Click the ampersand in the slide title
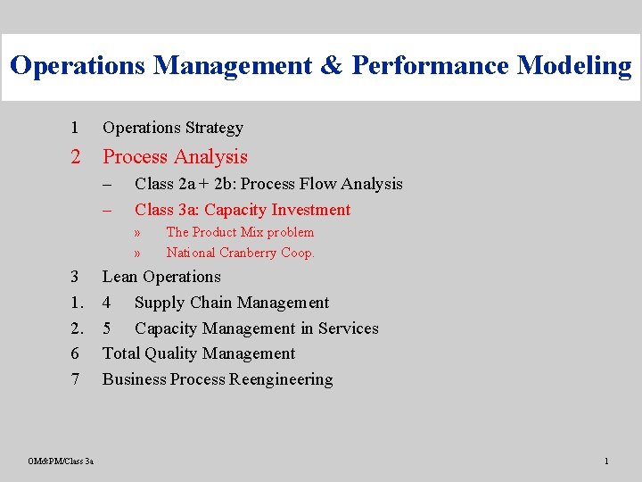click(x=331, y=65)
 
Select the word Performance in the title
click(x=430, y=65)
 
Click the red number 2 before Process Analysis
click(x=75, y=156)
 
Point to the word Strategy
click(x=214, y=129)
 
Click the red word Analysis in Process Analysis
click(x=210, y=157)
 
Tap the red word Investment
click(x=311, y=210)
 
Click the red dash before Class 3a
click(x=107, y=211)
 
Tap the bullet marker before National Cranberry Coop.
click(x=137, y=253)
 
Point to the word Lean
click(x=119, y=277)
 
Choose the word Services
click(x=349, y=328)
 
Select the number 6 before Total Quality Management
click(x=75, y=353)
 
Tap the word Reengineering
click(x=281, y=379)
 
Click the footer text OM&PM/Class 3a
click(x=61, y=461)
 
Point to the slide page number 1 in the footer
click(x=606, y=461)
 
